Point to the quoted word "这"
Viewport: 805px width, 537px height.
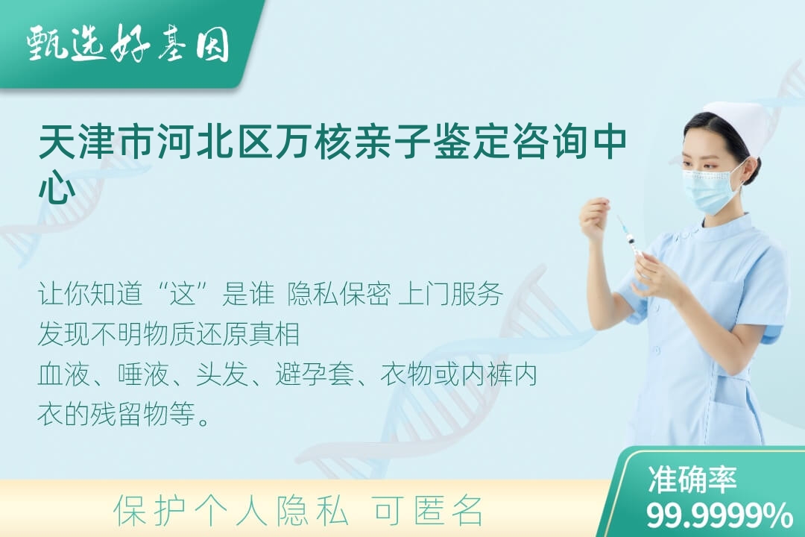(x=183, y=295)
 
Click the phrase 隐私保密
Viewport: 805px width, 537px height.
(x=339, y=295)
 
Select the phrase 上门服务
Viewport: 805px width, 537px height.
(x=450, y=295)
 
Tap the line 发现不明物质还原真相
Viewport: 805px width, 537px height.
(x=169, y=335)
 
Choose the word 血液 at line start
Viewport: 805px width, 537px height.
(x=63, y=374)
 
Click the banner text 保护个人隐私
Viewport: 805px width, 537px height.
(x=231, y=511)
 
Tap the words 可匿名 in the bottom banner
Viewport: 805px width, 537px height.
(x=428, y=511)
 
